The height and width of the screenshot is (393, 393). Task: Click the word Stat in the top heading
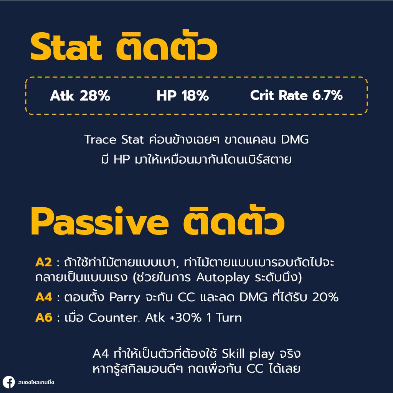click(x=66, y=47)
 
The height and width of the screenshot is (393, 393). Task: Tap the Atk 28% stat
click(x=80, y=96)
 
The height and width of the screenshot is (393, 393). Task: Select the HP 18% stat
click(x=183, y=96)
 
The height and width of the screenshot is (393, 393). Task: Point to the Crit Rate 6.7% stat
click(x=296, y=95)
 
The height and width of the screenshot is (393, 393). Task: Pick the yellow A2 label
click(x=44, y=263)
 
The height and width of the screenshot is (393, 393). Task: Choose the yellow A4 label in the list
click(x=44, y=297)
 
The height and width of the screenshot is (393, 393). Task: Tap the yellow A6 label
click(x=44, y=317)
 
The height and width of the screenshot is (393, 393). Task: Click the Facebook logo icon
click(x=8, y=383)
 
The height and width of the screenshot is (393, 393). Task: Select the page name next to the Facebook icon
click(x=36, y=382)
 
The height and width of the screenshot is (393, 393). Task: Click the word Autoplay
click(x=223, y=278)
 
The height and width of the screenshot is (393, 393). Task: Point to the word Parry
click(x=125, y=298)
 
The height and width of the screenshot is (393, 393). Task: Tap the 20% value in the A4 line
click(x=325, y=297)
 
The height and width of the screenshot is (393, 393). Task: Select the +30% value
click(x=185, y=317)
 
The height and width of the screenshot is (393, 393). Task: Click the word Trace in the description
click(x=101, y=139)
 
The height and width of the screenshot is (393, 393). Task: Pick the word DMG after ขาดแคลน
click(x=295, y=139)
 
